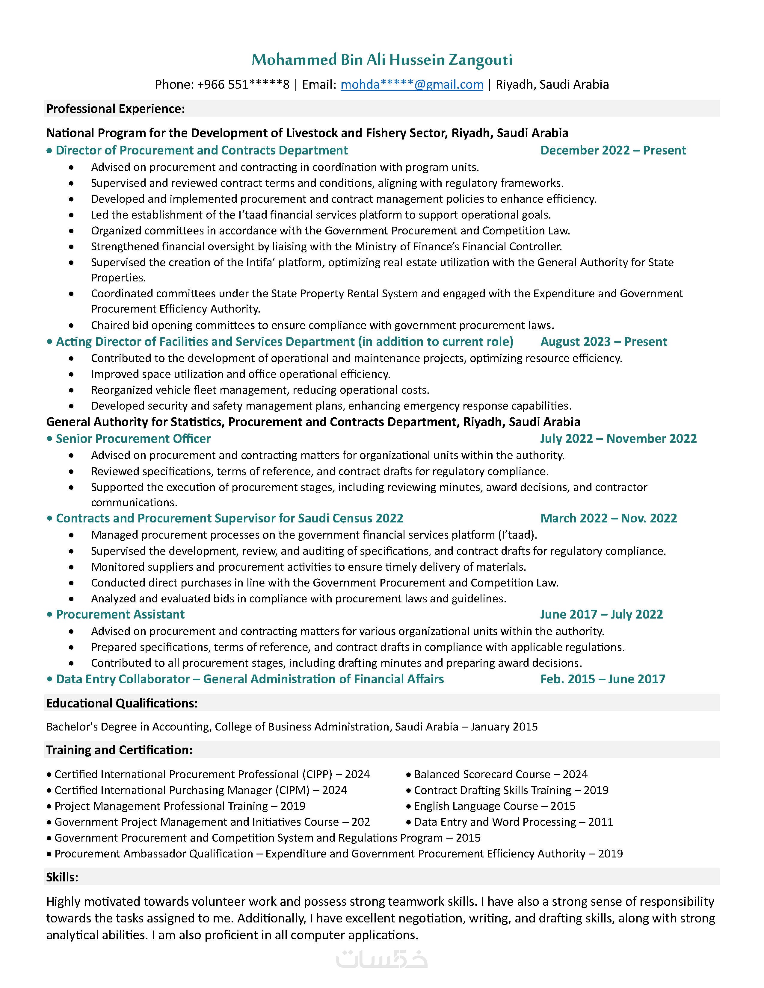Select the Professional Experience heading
pos(115,109)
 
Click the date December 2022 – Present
pos(613,150)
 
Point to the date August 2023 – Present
pos(603,342)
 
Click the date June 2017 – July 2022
pos(602,614)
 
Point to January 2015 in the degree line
pos(504,727)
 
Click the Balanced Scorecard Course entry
pos(481,775)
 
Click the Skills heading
pos(62,877)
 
